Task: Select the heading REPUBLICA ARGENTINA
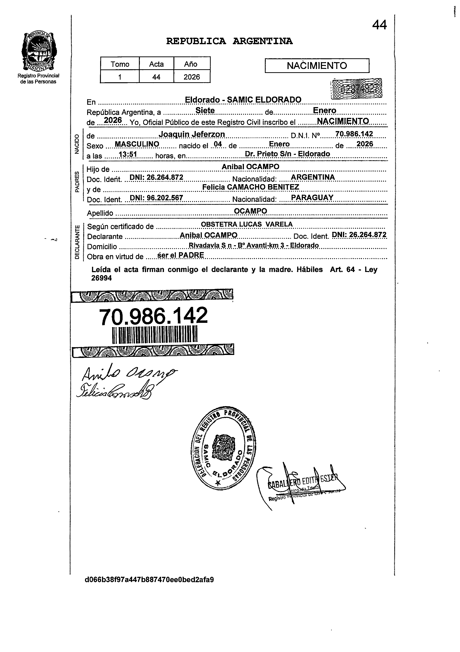[x=229, y=41]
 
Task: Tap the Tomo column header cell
[x=120, y=64]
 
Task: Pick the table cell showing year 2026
[x=192, y=77]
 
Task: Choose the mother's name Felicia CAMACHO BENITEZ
[x=251, y=187]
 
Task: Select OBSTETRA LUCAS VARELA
[x=247, y=224]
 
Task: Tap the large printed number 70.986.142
[x=153, y=316]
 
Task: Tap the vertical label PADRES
[x=77, y=182]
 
